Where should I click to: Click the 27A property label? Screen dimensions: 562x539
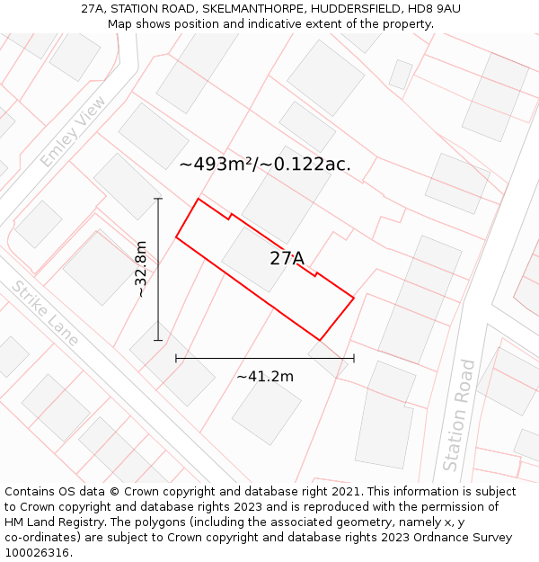287,259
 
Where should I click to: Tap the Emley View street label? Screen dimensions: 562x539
73,131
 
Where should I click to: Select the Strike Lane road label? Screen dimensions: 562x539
45,313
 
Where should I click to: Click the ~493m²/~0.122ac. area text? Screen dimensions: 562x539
265,165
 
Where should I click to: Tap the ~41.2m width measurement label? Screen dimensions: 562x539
265,377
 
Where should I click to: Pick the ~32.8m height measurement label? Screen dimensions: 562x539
141,269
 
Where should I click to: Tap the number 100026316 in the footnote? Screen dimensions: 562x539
37,553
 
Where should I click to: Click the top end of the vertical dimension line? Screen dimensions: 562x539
158,198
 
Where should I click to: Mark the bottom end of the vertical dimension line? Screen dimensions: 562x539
158,341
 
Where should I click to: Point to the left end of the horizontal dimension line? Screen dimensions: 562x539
176,358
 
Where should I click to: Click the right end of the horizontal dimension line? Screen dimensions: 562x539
354,358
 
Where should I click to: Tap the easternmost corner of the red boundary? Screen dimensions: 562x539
354,297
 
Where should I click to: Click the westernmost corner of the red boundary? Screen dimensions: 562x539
176,237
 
